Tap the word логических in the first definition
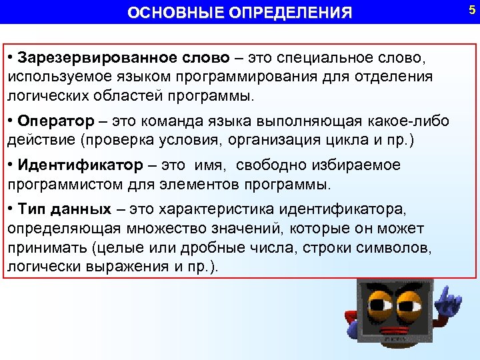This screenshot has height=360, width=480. (46, 96)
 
